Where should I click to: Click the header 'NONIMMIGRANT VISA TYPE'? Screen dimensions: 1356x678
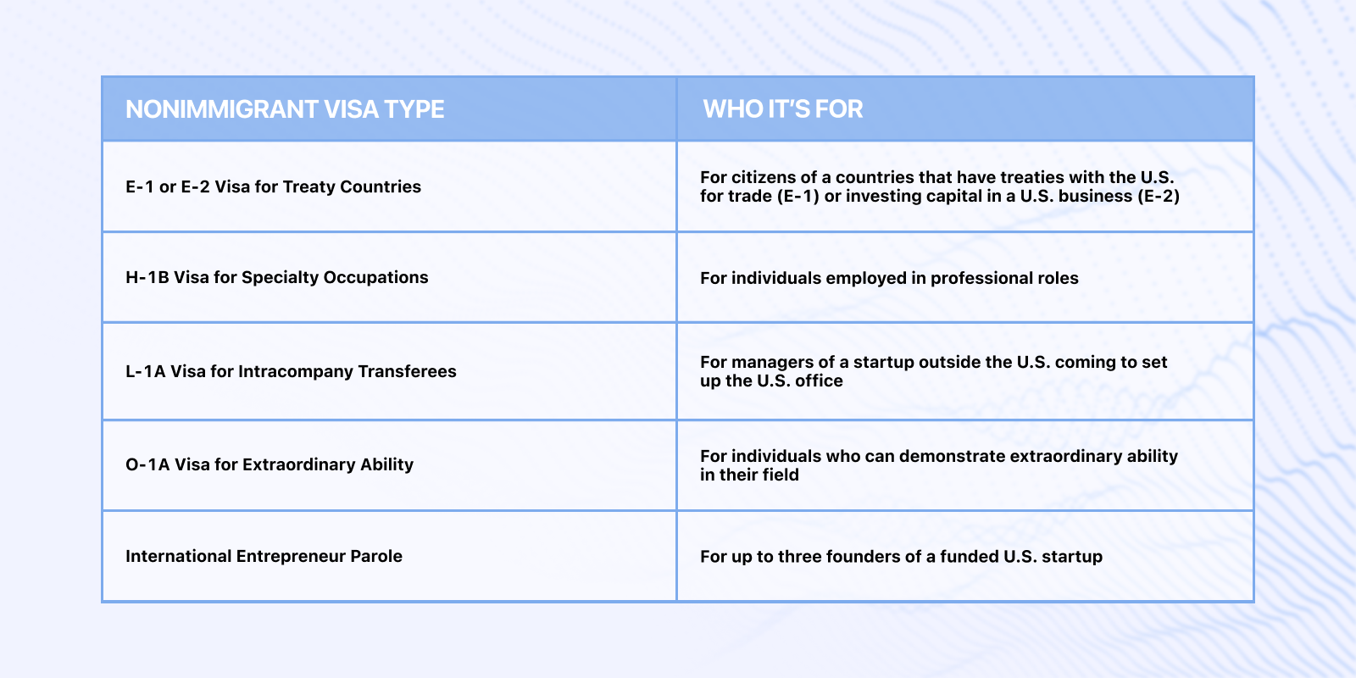point(285,109)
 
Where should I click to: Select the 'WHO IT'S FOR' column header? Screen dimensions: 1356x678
point(783,109)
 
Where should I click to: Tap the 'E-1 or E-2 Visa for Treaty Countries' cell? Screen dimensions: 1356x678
point(273,186)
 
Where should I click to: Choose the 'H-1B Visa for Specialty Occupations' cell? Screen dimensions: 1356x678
point(276,277)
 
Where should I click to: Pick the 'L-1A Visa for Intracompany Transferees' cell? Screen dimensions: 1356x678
point(291,371)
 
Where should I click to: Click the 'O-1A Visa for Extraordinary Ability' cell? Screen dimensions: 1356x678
point(270,464)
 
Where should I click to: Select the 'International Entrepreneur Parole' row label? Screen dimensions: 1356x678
point(264,556)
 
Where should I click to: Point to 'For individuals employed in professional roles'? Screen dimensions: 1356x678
point(889,278)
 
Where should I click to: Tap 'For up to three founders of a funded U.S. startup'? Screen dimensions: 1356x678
point(902,556)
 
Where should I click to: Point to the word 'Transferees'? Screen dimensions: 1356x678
point(408,371)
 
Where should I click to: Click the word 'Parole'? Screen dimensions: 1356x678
point(376,556)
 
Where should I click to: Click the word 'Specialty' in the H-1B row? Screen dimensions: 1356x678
point(280,277)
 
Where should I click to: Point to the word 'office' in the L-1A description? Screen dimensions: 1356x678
point(818,381)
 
